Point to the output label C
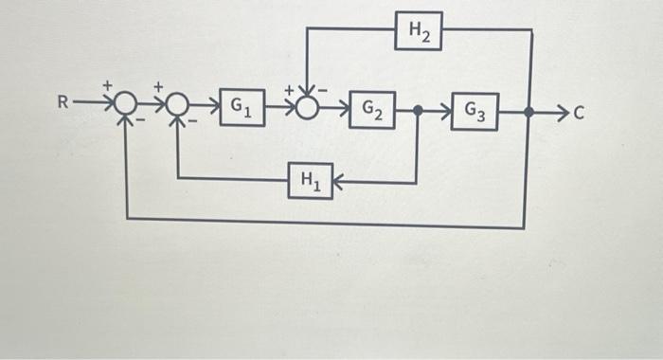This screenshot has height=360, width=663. coord(581,115)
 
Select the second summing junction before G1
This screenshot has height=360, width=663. coord(177,105)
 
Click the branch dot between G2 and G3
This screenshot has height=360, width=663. coord(418,112)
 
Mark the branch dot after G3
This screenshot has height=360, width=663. coord(529,114)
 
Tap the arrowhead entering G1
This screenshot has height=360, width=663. coord(213,106)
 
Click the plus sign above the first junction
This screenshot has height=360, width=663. coord(108,86)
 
